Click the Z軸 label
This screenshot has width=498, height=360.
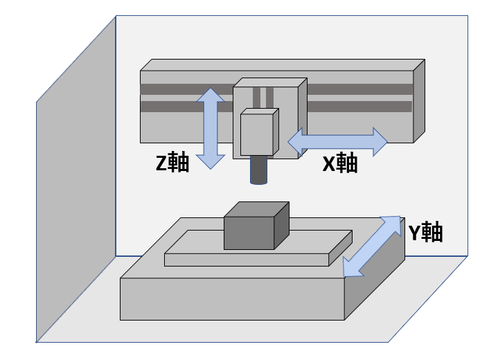coord(172,163)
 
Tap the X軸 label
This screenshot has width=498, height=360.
coord(340,163)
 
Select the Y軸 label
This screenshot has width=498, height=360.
coord(424,233)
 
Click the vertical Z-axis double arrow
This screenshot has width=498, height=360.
coord(211,128)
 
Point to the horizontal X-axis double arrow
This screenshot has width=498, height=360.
coord(337,141)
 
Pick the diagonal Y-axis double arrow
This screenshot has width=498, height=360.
coord(373,246)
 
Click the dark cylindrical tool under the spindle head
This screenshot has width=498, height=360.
coord(258,170)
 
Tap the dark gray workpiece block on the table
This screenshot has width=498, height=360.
coord(249,233)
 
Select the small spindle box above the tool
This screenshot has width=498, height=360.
coord(257,134)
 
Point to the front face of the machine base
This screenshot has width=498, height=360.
coord(233,298)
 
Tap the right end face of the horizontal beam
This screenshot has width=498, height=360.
coord(418,101)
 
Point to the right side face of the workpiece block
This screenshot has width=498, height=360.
coord(281,226)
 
